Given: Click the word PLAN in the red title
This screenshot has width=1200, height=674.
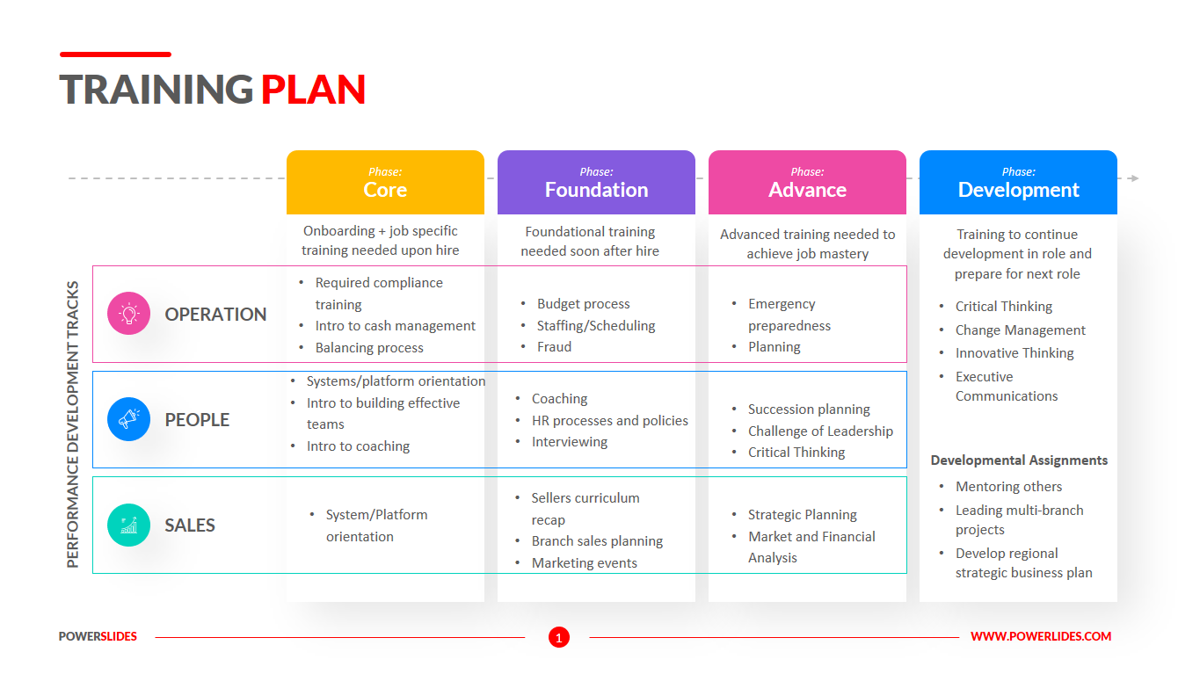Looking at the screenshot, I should (313, 90).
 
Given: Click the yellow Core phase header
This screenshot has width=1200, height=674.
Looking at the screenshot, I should (385, 183).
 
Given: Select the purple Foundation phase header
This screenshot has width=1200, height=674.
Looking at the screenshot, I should (596, 183).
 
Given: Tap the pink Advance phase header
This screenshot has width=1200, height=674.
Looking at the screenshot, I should (807, 183).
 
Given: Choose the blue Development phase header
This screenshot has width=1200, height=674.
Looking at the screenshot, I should (1018, 183).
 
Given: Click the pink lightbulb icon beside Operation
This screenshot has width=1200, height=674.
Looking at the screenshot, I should (129, 314).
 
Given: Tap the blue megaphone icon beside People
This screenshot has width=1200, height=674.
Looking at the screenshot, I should (129, 419).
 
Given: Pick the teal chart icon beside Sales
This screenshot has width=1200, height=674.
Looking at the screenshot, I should (129, 525).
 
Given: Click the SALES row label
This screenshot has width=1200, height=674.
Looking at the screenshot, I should (190, 525).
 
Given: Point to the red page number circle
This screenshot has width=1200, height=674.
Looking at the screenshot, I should (559, 637).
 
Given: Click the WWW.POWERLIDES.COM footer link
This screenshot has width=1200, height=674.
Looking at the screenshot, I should (1041, 636).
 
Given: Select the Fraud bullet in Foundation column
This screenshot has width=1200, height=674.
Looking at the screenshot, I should (554, 347).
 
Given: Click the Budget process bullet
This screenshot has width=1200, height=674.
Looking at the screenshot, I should (583, 304).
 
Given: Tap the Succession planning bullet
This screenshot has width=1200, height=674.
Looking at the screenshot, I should (809, 409).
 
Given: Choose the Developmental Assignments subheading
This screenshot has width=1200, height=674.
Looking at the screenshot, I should (1019, 460).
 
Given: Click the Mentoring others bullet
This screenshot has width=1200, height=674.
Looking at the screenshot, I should (1008, 487).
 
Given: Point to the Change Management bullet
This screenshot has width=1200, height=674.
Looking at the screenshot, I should (1020, 330).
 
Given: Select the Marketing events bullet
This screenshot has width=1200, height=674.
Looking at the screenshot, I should (584, 563).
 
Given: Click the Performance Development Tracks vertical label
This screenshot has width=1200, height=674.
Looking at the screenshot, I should (73, 424).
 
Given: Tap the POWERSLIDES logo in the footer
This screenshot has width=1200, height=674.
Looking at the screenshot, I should (98, 636).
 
